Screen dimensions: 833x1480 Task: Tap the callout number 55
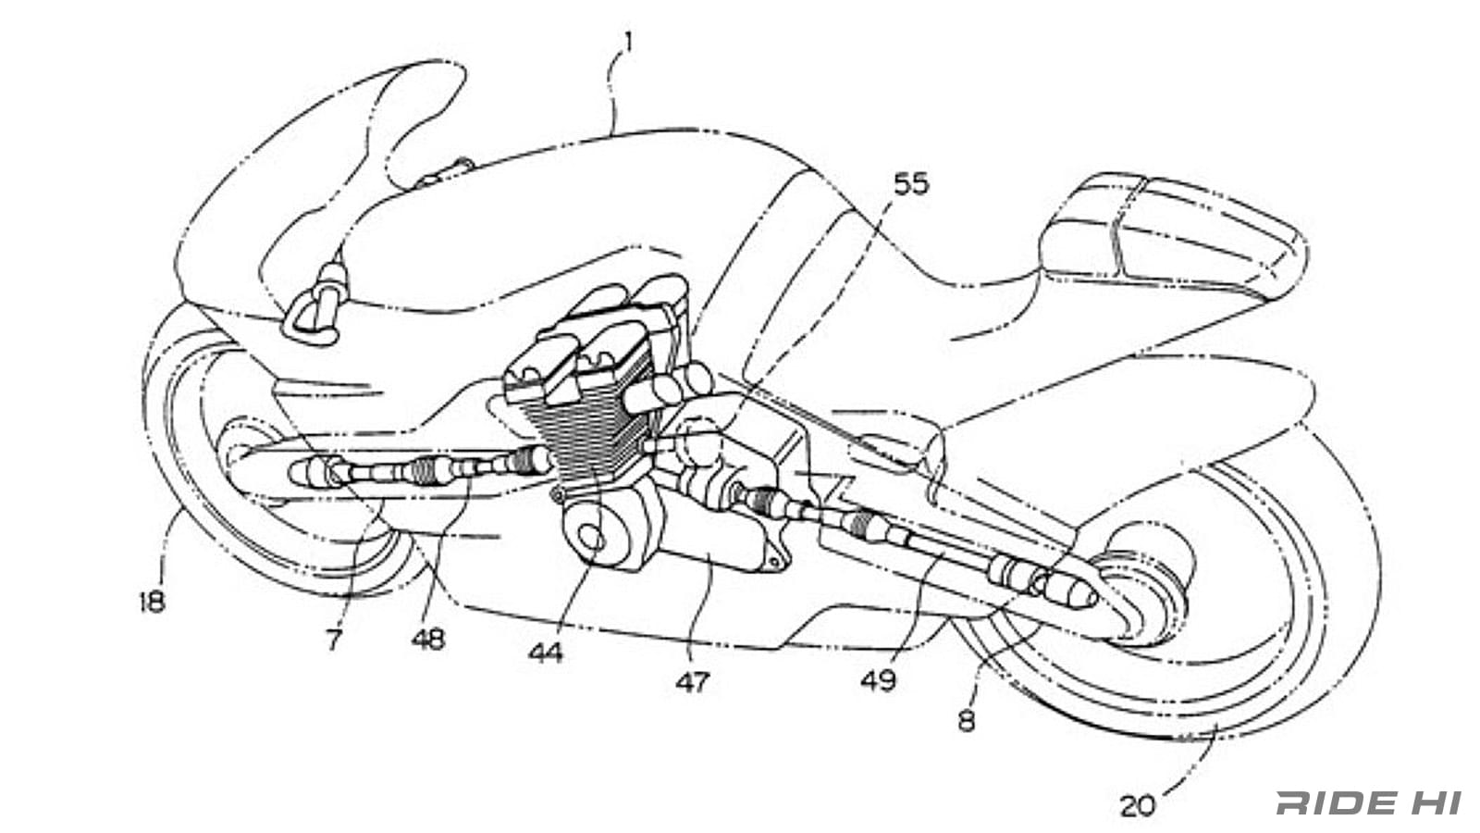click(910, 184)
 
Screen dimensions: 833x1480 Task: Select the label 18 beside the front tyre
click(152, 602)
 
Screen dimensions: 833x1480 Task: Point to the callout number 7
click(334, 638)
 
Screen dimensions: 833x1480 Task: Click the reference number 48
click(428, 639)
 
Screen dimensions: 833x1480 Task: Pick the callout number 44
click(546, 653)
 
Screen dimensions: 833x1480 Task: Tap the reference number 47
click(692, 682)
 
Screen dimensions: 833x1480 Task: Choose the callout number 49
click(878, 680)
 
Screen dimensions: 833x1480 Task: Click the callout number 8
click(967, 719)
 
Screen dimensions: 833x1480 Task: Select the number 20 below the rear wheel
click(1139, 806)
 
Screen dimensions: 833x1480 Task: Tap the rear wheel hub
click(1147, 583)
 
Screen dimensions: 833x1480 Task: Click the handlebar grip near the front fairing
click(330, 278)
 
